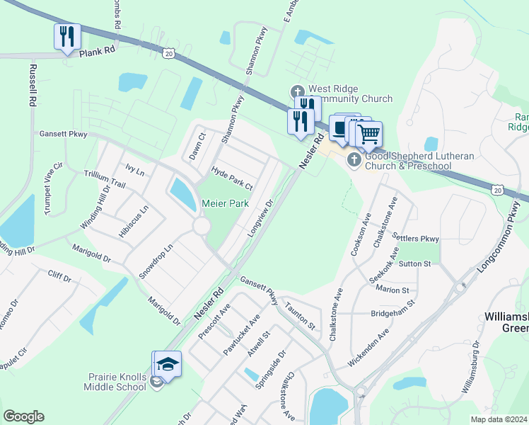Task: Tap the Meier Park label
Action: click(x=225, y=203)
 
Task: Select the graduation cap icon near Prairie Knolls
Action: click(x=168, y=364)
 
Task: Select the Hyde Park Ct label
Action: click(x=232, y=178)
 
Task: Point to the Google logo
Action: click(x=23, y=416)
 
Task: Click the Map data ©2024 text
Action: click(x=499, y=419)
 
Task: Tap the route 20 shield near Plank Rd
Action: click(x=168, y=53)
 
